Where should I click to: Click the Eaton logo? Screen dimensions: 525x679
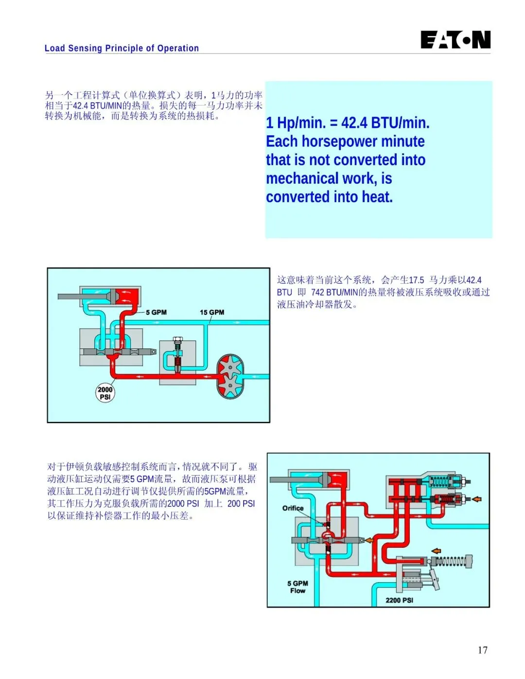click(x=455, y=40)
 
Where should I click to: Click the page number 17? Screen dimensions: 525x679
click(x=482, y=650)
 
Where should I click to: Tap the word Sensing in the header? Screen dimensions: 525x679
click(x=85, y=48)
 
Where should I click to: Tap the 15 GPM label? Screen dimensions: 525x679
click(x=212, y=312)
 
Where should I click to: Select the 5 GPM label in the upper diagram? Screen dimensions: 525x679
click(x=156, y=312)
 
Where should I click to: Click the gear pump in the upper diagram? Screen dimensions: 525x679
click(x=230, y=376)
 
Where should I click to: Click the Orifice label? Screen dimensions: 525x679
click(x=293, y=508)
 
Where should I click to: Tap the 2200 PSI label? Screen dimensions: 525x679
click(x=399, y=600)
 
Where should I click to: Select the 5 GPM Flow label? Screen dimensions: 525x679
click(x=297, y=587)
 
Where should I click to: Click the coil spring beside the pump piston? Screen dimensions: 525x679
click(x=449, y=562)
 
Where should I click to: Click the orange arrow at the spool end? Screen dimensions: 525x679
click(x=369, y=540)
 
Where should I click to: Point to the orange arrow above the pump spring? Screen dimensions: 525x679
click(x=437, y=551)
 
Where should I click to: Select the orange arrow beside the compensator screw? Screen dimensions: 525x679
click(x=477, y=499)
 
